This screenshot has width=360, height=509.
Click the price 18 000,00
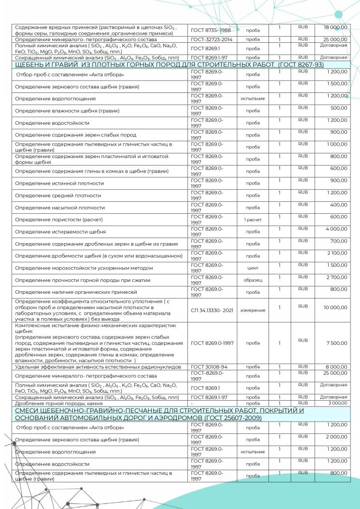335,28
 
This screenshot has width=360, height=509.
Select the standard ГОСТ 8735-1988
211,30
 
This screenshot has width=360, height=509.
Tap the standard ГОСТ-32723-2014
211,39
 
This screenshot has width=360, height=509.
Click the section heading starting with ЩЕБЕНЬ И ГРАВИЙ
170,65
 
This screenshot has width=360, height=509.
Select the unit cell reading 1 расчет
252,220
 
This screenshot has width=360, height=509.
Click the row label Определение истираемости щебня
60,232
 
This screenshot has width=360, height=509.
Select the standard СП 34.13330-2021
211,310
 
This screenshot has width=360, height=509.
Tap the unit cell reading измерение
252,310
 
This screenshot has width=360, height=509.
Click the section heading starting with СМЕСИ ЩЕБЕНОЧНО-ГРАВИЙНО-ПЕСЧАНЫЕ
164,415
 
